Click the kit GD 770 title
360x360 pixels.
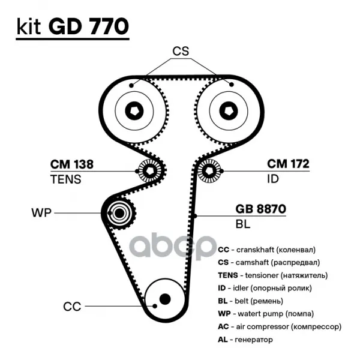[73, 26]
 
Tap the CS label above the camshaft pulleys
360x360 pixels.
[181, 51]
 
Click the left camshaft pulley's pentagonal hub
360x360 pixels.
[134, 111]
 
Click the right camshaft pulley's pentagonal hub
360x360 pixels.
[229, 111]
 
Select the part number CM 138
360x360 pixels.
[72, 164]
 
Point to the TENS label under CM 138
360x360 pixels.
[65, 179]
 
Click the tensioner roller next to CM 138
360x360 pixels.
[149, 171]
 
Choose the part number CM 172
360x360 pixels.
[288, 164]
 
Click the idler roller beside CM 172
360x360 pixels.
[209, 171]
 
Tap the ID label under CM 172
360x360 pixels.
[273, 179]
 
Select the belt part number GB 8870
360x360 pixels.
[261, 209]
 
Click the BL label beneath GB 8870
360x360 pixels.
[242, 224]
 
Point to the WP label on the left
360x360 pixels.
[41, 213]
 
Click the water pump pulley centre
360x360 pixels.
[119, 213]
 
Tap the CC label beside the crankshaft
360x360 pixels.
[72, 307]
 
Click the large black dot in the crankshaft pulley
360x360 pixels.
[165, 299]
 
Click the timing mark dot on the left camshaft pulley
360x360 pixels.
[131, 85]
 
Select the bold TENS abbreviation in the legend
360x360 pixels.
[228, 275]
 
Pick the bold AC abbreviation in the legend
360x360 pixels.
[223, 326]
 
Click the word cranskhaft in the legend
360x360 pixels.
[255, 250]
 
